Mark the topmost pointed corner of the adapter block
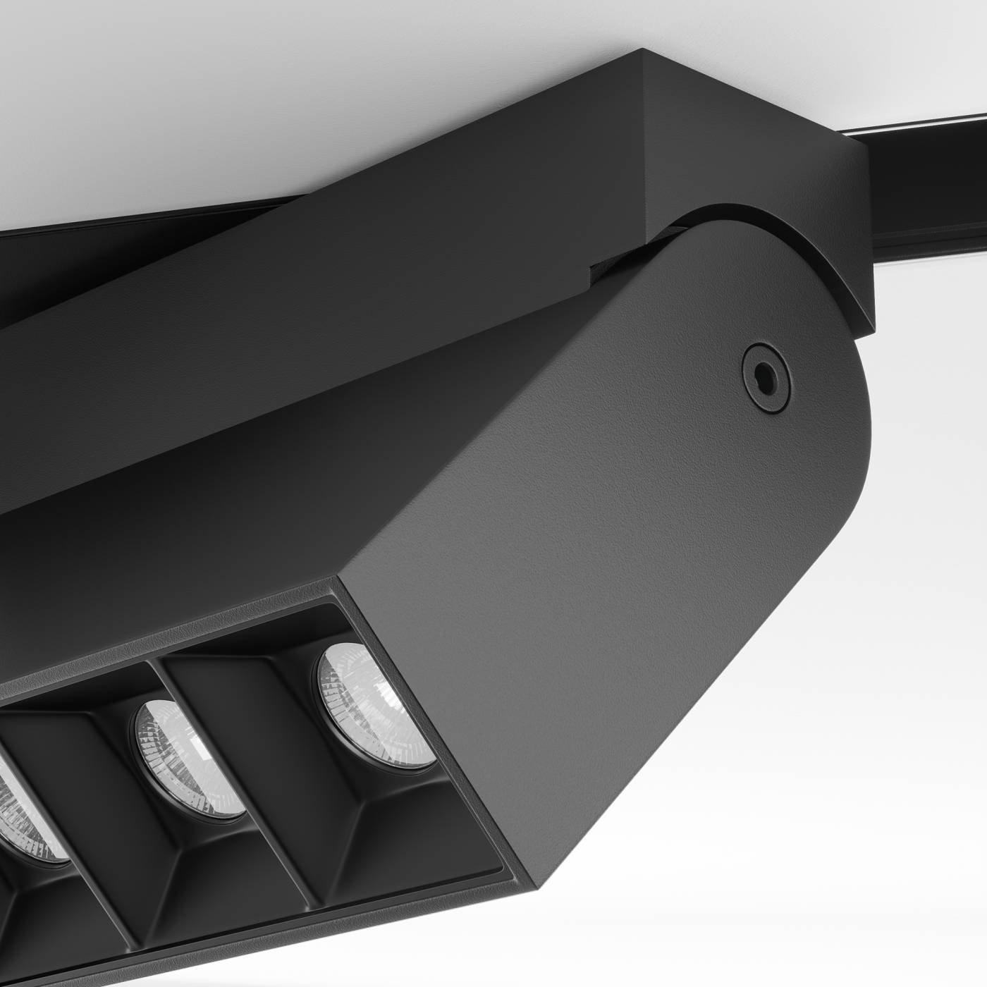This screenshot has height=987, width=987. click(x=643, y=51)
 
